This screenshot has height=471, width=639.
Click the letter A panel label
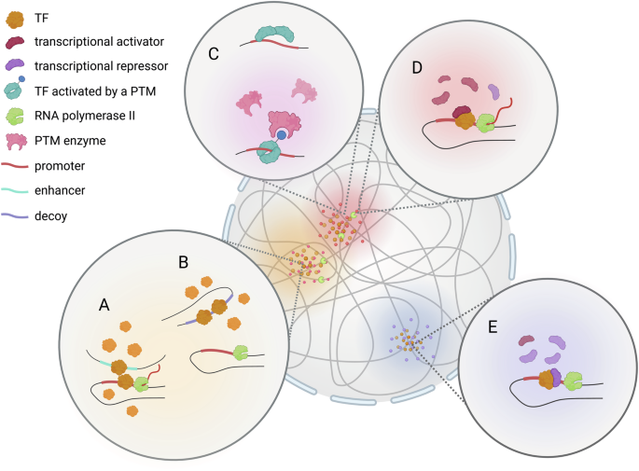pyautogui.click(x=104, y=304)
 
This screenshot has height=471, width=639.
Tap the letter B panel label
pyautogui.click(x=184, y=262)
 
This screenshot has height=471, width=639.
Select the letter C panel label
pyautogui.click(x=213, y=54)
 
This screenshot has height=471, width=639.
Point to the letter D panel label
pyautogui.click(x=417, y=68)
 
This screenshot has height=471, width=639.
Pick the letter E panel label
pyautogui.click(x=493, y=326)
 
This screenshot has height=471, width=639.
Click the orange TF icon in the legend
pyautogui.click(x=15, y=19)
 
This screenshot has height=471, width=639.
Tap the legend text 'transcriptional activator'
pyautogui.click(x=99, y=42)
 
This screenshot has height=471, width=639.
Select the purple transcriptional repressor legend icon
pyautogui.click(x=15, y=64)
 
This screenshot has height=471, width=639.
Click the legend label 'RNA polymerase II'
pyautogui.click(x=85, y=116)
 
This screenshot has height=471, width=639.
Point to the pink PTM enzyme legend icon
pyautogui.click(x=16, y=142)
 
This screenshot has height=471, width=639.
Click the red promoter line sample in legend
pyautogui.click(x=15, y=166)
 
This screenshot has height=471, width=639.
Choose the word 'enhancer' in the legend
pyautogui.click(x=60, y=190)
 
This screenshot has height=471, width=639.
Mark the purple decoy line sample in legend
pyautogui.click(x=15, y=216)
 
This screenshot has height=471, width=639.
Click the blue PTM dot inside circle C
pyautogui.click(x=281, y=135)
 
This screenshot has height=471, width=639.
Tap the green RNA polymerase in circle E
pyautogui.click(x=574, y=381)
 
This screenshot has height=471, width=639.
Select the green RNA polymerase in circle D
pyautogui.click(x=485, y=123)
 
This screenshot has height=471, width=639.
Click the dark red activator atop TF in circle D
pyautogui.click(x=462, y=111)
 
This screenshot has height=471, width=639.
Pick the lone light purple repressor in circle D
pyautogui.click(x=493, y=91)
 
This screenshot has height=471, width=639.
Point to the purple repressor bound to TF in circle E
pyautogui.click(x=556, y=377)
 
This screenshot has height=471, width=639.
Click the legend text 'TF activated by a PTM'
pyautogui.click(x=95, y=91)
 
